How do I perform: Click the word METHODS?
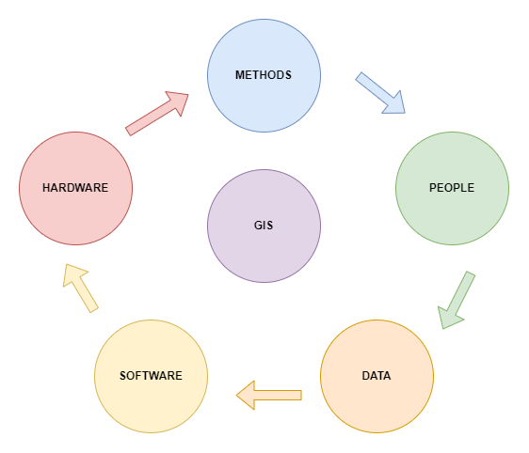coord(264,74)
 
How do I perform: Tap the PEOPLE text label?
coord(452,187)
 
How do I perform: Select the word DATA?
coord(377,376)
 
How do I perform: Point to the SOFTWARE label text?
coord(151,376)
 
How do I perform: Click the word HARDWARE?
coord(75,187)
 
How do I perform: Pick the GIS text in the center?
coord(264,226)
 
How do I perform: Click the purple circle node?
coord(264,254)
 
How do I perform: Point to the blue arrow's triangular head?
coord(393,102)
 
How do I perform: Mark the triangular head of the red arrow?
coord(177,101)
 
